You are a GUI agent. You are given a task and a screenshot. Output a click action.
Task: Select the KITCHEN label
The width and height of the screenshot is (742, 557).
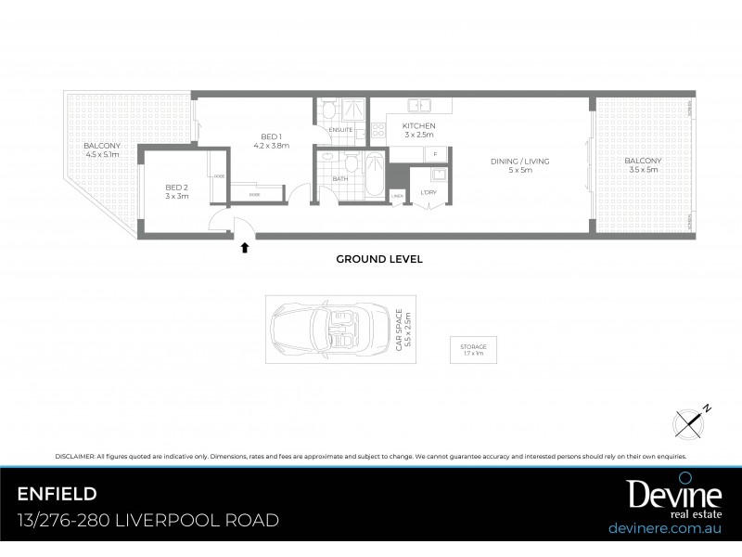(x=418, y=126)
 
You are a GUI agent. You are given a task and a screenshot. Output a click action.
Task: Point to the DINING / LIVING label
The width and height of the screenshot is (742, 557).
(x=520, y=161)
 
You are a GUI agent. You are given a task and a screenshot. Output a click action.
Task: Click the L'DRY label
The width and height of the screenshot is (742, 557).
(x=429, y=192)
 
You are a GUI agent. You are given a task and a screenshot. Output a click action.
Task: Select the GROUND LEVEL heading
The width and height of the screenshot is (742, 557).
(x=379, y=260)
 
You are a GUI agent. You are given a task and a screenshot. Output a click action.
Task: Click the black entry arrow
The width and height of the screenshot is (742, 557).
(x=244, y=247)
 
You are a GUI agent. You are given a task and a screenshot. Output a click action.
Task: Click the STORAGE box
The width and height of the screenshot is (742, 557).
(x=473, y=350)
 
